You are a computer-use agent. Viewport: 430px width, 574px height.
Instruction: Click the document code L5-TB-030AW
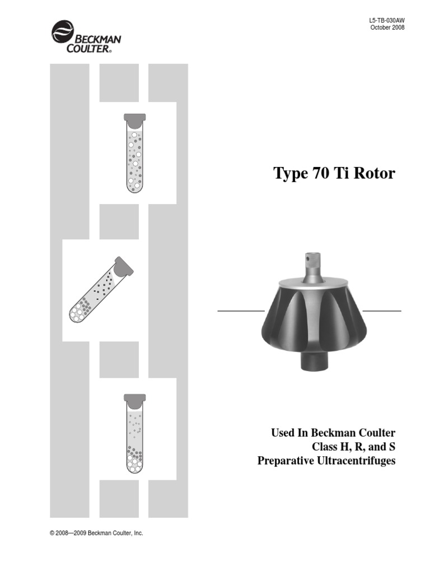click(387, 20)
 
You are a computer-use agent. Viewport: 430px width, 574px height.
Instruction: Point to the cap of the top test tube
click(134, 119)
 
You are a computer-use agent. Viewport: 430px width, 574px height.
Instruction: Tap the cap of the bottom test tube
click(134, 399)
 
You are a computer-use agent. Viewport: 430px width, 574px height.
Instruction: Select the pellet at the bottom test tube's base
click(134, 461)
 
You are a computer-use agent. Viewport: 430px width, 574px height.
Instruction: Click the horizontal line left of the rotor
click(241, 310)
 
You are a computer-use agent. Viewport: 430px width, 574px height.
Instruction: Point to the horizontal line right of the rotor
click(382, 310)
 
